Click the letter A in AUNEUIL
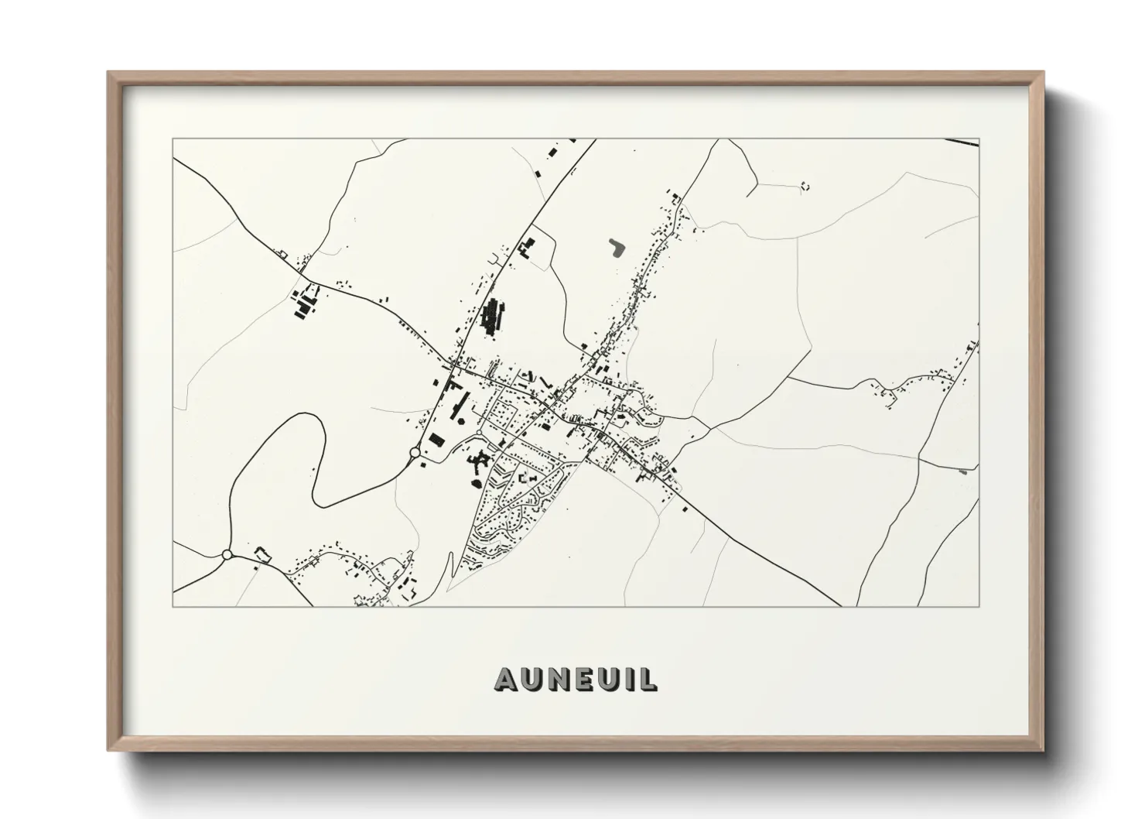(507, 679)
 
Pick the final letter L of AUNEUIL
(648, 679)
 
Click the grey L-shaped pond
(617, 247)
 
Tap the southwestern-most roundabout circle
(227, 554)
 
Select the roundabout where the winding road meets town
(415, 453)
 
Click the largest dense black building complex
(491, 317)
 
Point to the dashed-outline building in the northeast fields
(805, 186)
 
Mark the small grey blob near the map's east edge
(962, 471)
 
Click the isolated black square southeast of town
(684, 509)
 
